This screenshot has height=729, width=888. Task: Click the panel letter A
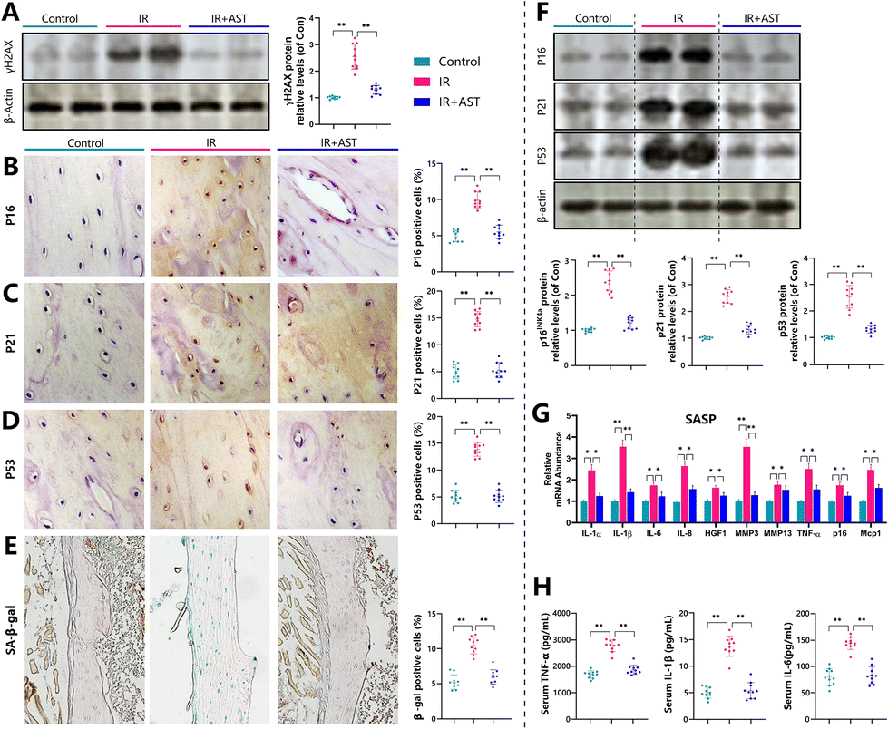[x=10, y=13]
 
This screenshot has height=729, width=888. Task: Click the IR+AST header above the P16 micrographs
[x=337, y=142]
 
